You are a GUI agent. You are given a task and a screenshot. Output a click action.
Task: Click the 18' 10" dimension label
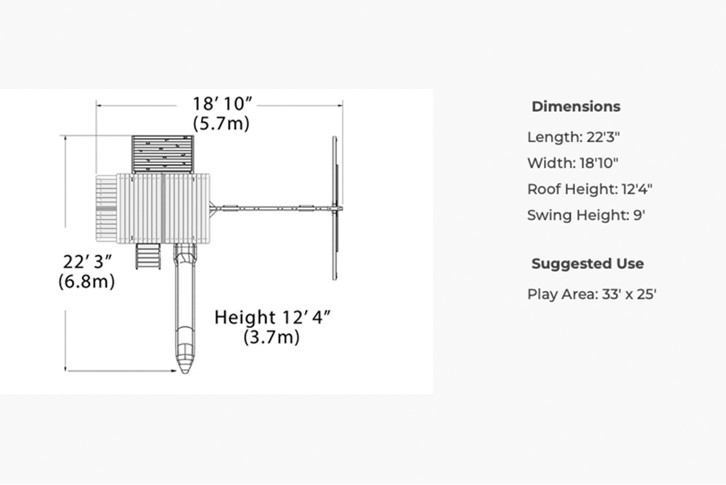(223, 104)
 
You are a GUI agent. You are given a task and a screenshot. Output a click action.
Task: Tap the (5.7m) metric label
(221, 123)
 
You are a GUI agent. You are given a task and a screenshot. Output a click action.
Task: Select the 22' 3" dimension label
(87, 261)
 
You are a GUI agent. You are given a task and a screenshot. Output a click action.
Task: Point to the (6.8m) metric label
(86, 281)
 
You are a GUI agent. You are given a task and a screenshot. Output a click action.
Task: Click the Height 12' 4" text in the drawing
(273, 317)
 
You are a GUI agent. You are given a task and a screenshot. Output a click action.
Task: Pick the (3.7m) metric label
(272, 337)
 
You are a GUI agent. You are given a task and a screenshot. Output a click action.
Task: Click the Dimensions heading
(576, 107)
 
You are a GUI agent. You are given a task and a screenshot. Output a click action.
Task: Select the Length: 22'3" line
(574, 137)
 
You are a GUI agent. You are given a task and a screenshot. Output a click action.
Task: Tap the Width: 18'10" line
(573, 163)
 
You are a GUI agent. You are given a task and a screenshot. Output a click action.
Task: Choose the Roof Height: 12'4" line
(590, 189)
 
